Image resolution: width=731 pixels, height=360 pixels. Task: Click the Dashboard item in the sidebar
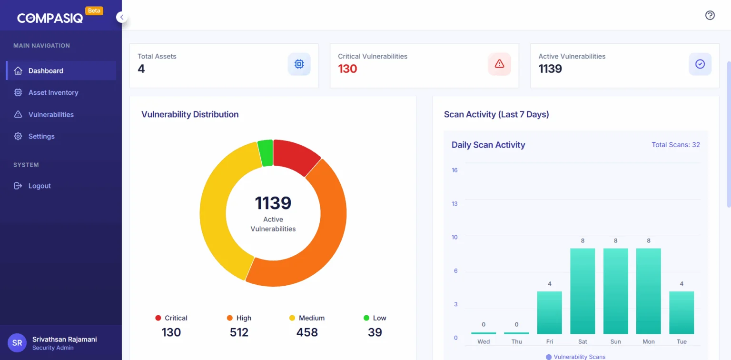[x=46, y=71]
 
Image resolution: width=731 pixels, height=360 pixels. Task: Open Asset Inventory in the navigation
[x=53, y=93]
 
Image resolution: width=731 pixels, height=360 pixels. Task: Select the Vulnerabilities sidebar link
[x=51, y=115]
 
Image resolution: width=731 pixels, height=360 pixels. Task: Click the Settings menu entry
[x=41, y=137]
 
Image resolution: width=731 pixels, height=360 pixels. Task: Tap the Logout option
[x=39, y=186]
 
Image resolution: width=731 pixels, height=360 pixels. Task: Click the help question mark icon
[x=710, y=15]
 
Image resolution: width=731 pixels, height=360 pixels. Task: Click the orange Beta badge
[x=94, y=10]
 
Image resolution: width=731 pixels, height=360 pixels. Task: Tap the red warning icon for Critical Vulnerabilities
[x=499, y=64]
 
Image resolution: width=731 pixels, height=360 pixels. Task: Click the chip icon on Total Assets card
[x=299, y=64]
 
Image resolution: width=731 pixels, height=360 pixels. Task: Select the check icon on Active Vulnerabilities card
[x=700, y=64]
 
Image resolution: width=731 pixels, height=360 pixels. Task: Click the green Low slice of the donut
[x=266, y=153]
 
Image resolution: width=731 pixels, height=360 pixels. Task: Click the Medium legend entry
[x=307, y=318]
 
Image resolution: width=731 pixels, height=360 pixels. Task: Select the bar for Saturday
[x=583, y=291]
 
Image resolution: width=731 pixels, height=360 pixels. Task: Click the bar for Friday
[x=549, y=312]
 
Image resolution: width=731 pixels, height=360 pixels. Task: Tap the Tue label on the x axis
[x=682, y=341]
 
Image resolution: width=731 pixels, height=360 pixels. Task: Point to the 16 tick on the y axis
[x=454, y=170]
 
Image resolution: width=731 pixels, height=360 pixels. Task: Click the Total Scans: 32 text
[x=675, y=145]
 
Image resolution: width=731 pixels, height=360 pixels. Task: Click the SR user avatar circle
[x=17, y=343]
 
